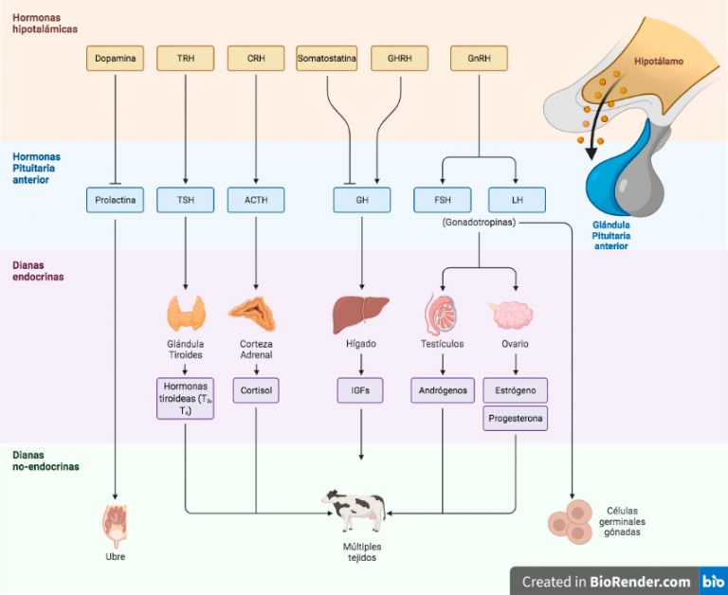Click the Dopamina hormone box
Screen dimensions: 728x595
115,59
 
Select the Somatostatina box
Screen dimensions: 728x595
327,59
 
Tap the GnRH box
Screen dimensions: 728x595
479,59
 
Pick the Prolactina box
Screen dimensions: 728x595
115,200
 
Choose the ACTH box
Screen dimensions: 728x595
256,200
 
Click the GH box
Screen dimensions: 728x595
362,200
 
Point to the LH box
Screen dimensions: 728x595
518,200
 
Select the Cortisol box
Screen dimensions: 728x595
256,390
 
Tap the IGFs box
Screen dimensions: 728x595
360,390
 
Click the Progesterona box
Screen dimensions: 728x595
516,418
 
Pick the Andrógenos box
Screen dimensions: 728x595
443,390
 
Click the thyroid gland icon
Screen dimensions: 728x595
186,314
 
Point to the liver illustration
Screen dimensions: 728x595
361,316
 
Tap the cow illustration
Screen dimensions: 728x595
355,511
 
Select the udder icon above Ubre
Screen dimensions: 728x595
115,527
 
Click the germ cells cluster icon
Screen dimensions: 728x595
571,522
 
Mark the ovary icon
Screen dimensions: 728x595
513,316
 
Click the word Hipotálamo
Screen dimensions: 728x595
659,62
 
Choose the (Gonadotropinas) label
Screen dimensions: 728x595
479,223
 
